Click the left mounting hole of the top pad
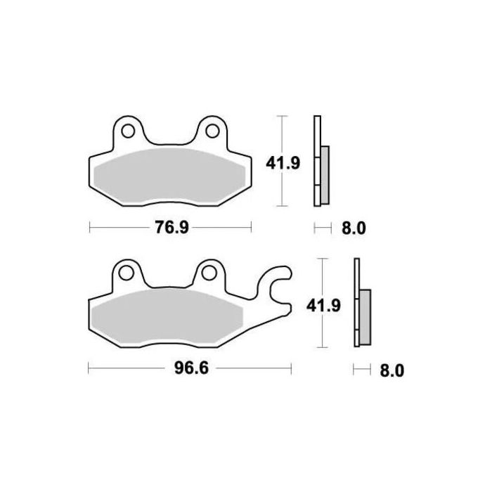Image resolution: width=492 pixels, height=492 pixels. click(x=128, y=130)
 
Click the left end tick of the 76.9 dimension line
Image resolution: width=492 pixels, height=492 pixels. click(x=90, y=228)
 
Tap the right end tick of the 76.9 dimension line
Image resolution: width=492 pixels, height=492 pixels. click(x=252, y=228)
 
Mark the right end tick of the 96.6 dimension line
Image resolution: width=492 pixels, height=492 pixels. click(x=291, y=368)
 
